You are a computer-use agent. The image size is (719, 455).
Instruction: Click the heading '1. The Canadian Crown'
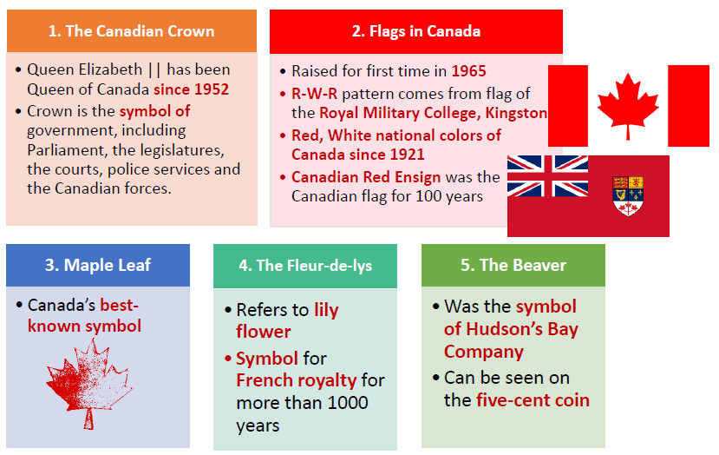132,30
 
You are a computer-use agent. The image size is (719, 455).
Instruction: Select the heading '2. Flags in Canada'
416,31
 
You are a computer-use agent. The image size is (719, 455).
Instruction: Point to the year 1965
468,71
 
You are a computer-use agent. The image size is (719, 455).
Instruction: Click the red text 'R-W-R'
315,94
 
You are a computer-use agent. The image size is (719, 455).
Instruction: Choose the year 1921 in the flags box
407,155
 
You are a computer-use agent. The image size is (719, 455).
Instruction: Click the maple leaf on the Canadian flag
628,106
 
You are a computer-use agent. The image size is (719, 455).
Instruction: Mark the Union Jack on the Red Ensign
547,176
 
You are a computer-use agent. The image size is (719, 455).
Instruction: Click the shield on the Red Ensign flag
628,195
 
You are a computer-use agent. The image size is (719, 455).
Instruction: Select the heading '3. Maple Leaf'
98,265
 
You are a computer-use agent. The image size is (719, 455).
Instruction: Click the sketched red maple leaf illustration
89,384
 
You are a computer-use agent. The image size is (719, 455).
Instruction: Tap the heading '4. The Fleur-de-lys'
305,266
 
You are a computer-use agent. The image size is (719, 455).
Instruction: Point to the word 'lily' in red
326,310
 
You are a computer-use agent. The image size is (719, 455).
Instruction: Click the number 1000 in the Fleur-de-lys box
348,403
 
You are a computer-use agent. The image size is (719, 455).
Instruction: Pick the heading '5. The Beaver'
513,265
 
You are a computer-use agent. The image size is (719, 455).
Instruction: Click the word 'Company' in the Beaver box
484,353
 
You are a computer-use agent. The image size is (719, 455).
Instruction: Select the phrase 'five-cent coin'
533,400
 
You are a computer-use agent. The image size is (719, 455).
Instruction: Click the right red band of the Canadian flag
689,106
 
